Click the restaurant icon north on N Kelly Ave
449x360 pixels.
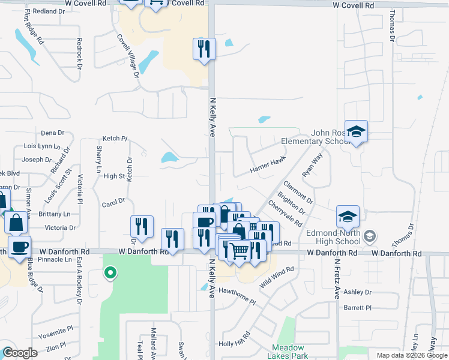pos(204,49)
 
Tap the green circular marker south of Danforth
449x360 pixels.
pos(110,274)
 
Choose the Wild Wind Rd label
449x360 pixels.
pos(277,278)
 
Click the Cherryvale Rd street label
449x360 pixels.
pos(285,213)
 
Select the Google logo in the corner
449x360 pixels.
pos(20,352)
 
